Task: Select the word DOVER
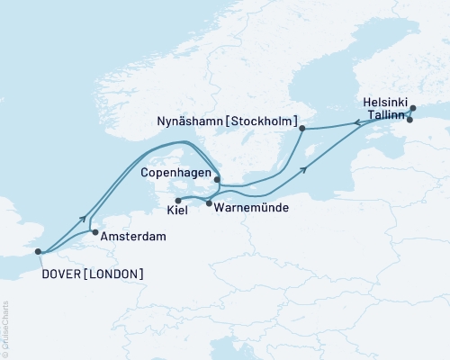click(62, 273)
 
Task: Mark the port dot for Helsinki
click(413, 109)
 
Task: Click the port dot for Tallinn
click(409, 120)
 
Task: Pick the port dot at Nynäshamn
click(302, 129)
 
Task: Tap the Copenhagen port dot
click(217, 179)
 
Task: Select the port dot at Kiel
click(177, 201)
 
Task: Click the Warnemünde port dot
click(209, 204)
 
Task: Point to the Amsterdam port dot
click(95, 232)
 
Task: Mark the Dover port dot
click(38, 253)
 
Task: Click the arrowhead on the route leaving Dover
click(85, 219)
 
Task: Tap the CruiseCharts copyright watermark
click(5, 328)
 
